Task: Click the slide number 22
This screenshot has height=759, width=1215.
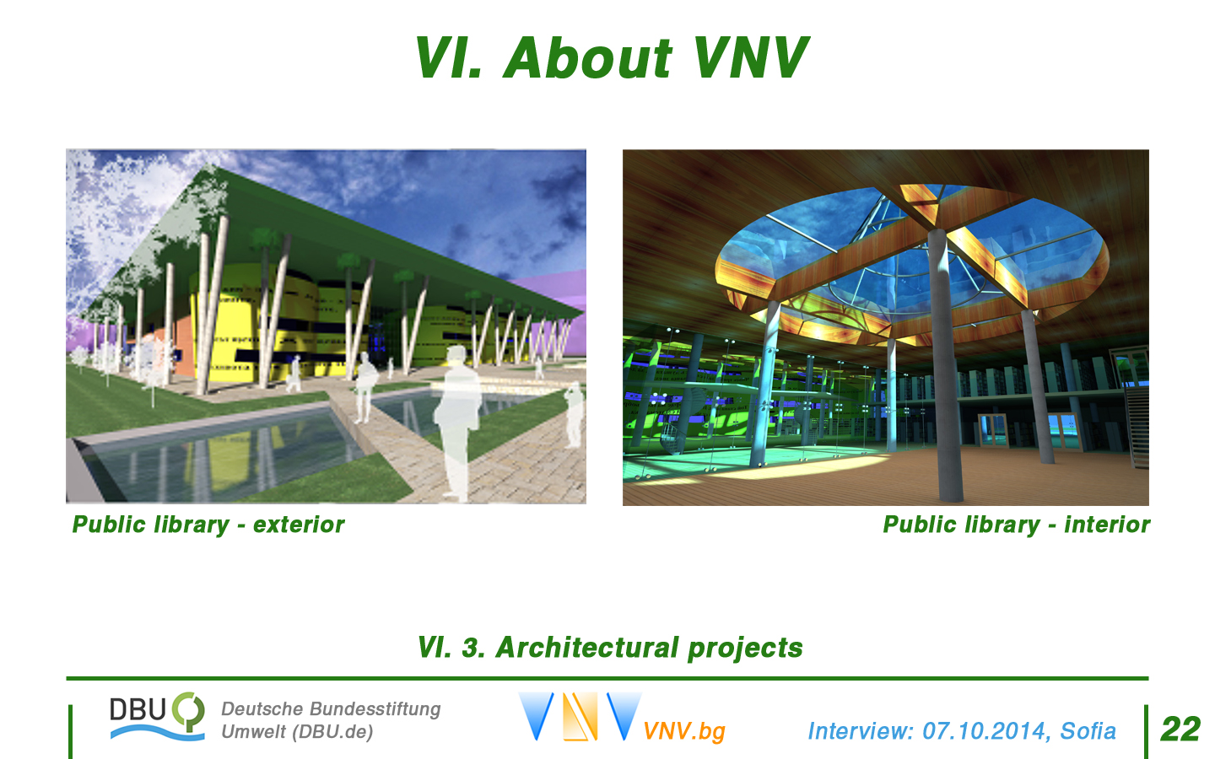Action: tap(1180, 729)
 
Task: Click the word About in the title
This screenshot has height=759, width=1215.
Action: tap(588, 57)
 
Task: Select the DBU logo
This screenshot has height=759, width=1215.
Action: tap(157, 716)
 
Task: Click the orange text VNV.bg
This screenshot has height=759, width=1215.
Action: tap(684, 731)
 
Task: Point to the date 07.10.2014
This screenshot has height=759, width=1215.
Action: tap(984, 731)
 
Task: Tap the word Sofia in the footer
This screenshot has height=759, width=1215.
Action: tap(1088, 731)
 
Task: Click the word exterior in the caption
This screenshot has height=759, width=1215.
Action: tap(299, 525)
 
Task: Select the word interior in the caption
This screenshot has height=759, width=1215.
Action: tap(1107, 525)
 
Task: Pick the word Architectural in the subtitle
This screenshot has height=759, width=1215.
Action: tap(587, 648)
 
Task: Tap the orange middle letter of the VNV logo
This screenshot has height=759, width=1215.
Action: tap(580, 716)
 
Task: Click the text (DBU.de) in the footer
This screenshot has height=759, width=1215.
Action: tap(332, 732)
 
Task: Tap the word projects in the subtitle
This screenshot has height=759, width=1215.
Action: tap(745, 649)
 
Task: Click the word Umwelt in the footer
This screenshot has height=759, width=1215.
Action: tap(253, 732)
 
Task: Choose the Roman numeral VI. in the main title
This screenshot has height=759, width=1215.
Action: tap(448, 57)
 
